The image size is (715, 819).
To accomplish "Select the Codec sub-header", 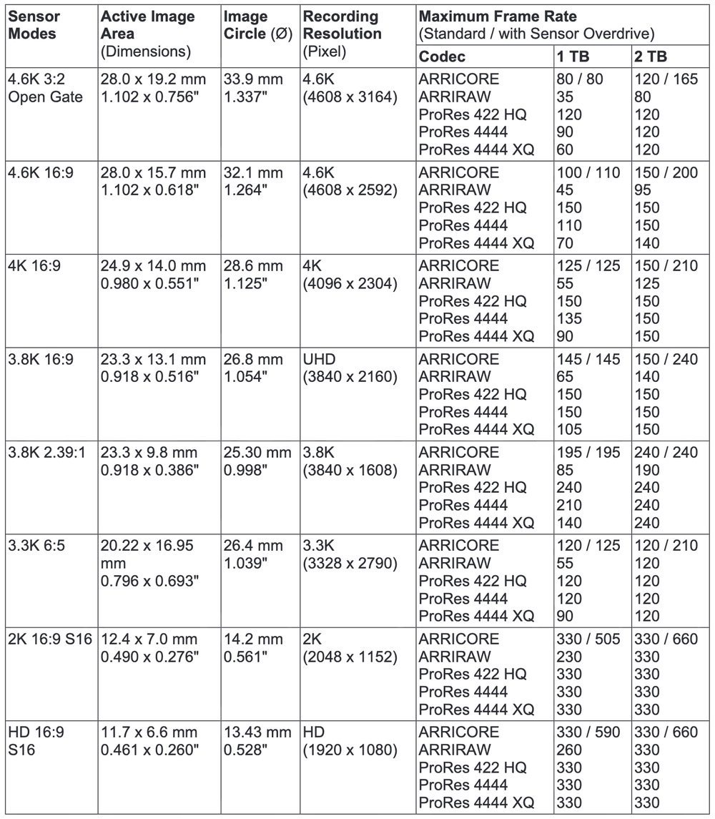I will [x=442, y=57].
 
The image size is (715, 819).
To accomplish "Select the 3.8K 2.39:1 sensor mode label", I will [x=48, y=453].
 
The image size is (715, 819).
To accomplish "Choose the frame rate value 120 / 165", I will [x=665, y=79].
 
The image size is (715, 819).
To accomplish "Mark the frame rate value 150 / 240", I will [x=665, y=359].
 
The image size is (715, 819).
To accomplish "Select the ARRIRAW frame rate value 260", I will [x=569, y=750].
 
